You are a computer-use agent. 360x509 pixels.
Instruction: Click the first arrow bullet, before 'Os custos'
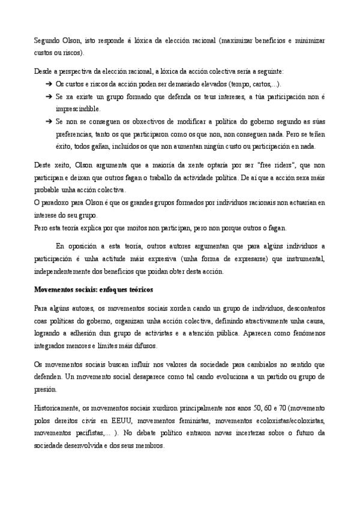(x=48, y=84)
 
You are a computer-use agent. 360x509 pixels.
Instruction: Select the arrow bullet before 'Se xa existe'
(x=48, y=97)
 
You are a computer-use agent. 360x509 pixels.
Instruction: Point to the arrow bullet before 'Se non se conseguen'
(x=48, y=122)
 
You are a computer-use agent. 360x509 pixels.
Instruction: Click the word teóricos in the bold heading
(x=143, y=290)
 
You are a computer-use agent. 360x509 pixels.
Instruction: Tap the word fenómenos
(x=305, y=333)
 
